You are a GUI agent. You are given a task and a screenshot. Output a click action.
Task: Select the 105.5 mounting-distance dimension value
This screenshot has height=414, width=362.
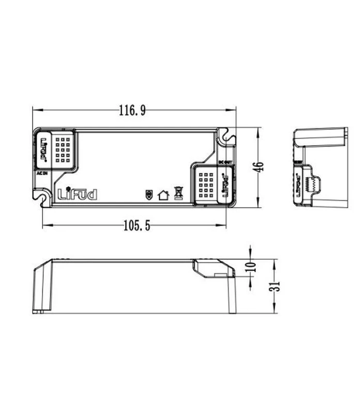click(137, 226)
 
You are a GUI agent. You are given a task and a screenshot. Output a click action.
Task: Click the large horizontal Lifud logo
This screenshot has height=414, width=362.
click(78, 195)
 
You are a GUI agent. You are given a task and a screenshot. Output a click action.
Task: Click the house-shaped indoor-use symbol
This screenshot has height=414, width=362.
click(163, 195)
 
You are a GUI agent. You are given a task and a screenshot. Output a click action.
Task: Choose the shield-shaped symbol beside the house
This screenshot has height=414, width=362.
click(149, 195)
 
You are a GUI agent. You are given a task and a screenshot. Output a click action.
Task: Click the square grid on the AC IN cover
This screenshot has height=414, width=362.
click(63, 149)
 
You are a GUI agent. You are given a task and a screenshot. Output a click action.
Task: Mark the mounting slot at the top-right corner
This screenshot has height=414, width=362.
click(227, 137)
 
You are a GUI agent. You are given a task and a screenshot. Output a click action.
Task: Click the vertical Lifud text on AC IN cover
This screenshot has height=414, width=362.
click(43, 149)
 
